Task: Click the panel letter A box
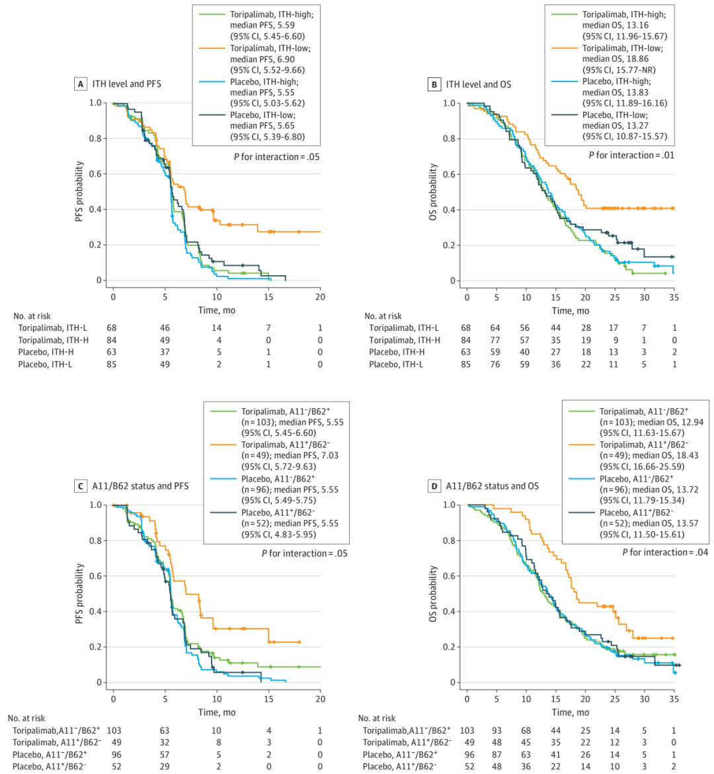coord(80,84)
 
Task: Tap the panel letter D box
coord(434,486)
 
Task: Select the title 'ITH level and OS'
coord(478,84)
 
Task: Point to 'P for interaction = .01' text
coord(631,155)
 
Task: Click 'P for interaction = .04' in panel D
coord(664,552)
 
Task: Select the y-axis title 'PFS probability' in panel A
coord(79,191)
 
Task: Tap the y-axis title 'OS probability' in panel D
coord(434,593)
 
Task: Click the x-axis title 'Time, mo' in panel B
coord(571,310)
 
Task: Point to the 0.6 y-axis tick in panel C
coord(95,576)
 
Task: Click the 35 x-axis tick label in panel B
coord(674,297)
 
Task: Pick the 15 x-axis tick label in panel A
coord(268,297)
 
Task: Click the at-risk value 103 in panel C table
coord(113,730)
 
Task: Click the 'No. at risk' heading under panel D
coord(377,718)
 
